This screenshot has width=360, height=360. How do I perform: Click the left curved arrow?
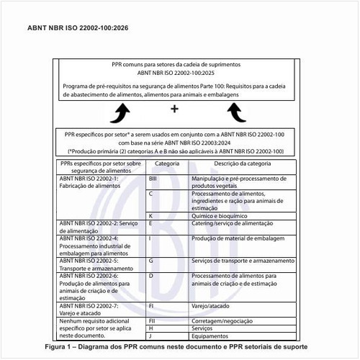click(123, 112)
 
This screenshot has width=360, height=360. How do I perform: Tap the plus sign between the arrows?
click(175, 109)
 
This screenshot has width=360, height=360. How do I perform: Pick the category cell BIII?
click(153, 177)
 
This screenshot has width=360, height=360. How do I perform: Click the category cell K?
click(150, 216)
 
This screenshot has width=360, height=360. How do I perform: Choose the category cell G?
click(151, 260)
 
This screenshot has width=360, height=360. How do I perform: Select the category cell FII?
click(152, 320)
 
